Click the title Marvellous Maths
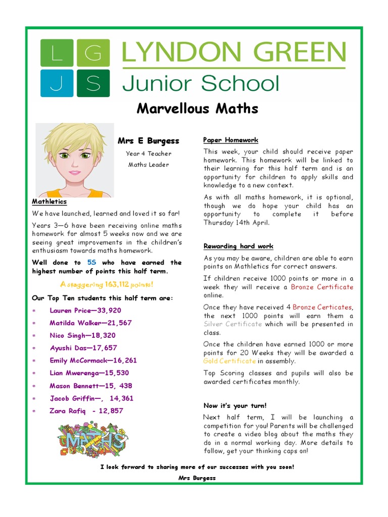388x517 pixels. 197,109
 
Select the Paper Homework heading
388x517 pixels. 231,140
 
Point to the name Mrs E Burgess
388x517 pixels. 149,141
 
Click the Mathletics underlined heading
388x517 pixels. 49,201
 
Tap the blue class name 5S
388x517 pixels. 91,263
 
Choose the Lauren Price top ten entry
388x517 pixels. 85,311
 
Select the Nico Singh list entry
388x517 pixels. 82,335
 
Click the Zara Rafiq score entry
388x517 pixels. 86,410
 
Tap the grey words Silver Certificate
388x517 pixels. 232,324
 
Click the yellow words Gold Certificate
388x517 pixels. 229,361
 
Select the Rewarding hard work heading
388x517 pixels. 238,246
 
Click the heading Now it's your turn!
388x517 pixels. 235,405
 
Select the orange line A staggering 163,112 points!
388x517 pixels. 107,285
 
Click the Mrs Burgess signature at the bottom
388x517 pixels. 197,478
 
